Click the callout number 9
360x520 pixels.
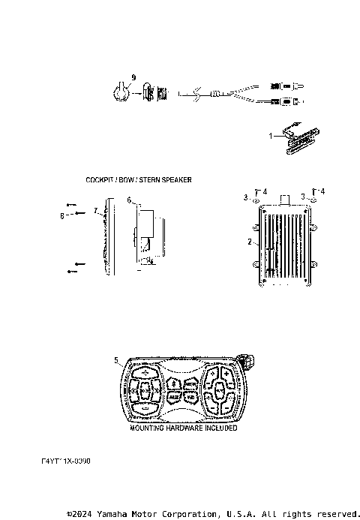click(133, 77)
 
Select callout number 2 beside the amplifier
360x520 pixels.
click(249, 242)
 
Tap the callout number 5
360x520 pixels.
click(116, 360)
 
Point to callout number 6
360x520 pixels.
click(129, 200)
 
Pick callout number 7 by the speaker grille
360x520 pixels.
click(96, 212)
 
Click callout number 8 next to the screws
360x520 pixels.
click(63, 216)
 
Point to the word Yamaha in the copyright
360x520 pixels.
click(111, 514)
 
